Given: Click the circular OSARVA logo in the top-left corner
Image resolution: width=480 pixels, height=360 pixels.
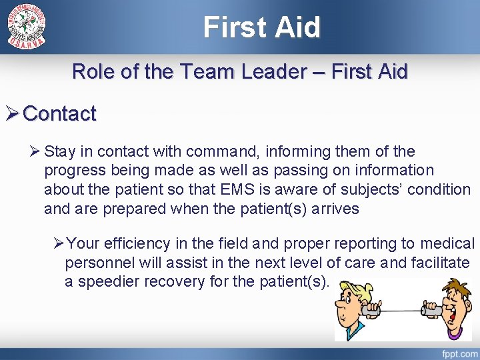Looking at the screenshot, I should [x=27, y=27].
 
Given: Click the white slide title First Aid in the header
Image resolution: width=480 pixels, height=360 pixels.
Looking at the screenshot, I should [x=262, y=27].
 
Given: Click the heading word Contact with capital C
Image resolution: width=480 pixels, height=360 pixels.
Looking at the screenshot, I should [x=60, y=114].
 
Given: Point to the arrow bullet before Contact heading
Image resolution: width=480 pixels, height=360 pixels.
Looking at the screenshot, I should [x=11, y=114].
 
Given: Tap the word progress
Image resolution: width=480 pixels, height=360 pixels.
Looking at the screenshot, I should [x=73, y=171].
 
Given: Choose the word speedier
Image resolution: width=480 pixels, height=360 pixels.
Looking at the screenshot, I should [x=107, y=281].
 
